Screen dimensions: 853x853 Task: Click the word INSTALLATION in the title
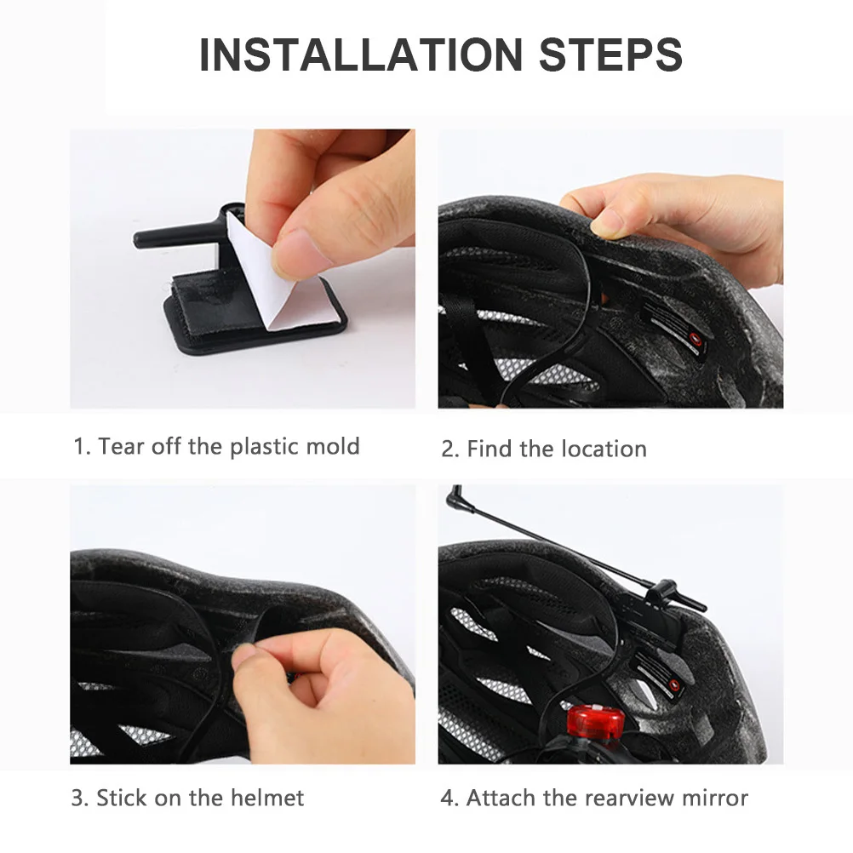click(x=360, y=54)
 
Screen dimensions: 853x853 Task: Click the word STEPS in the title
click(x=610, y=54)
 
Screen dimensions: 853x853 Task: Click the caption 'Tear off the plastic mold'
click(x=216, y=446)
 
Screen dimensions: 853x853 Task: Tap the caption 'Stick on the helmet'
click(x=187, y=798)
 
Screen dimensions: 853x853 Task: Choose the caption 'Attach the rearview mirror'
click(x=594, y=798)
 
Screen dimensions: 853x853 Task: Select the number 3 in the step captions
click(x=77, y=799)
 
